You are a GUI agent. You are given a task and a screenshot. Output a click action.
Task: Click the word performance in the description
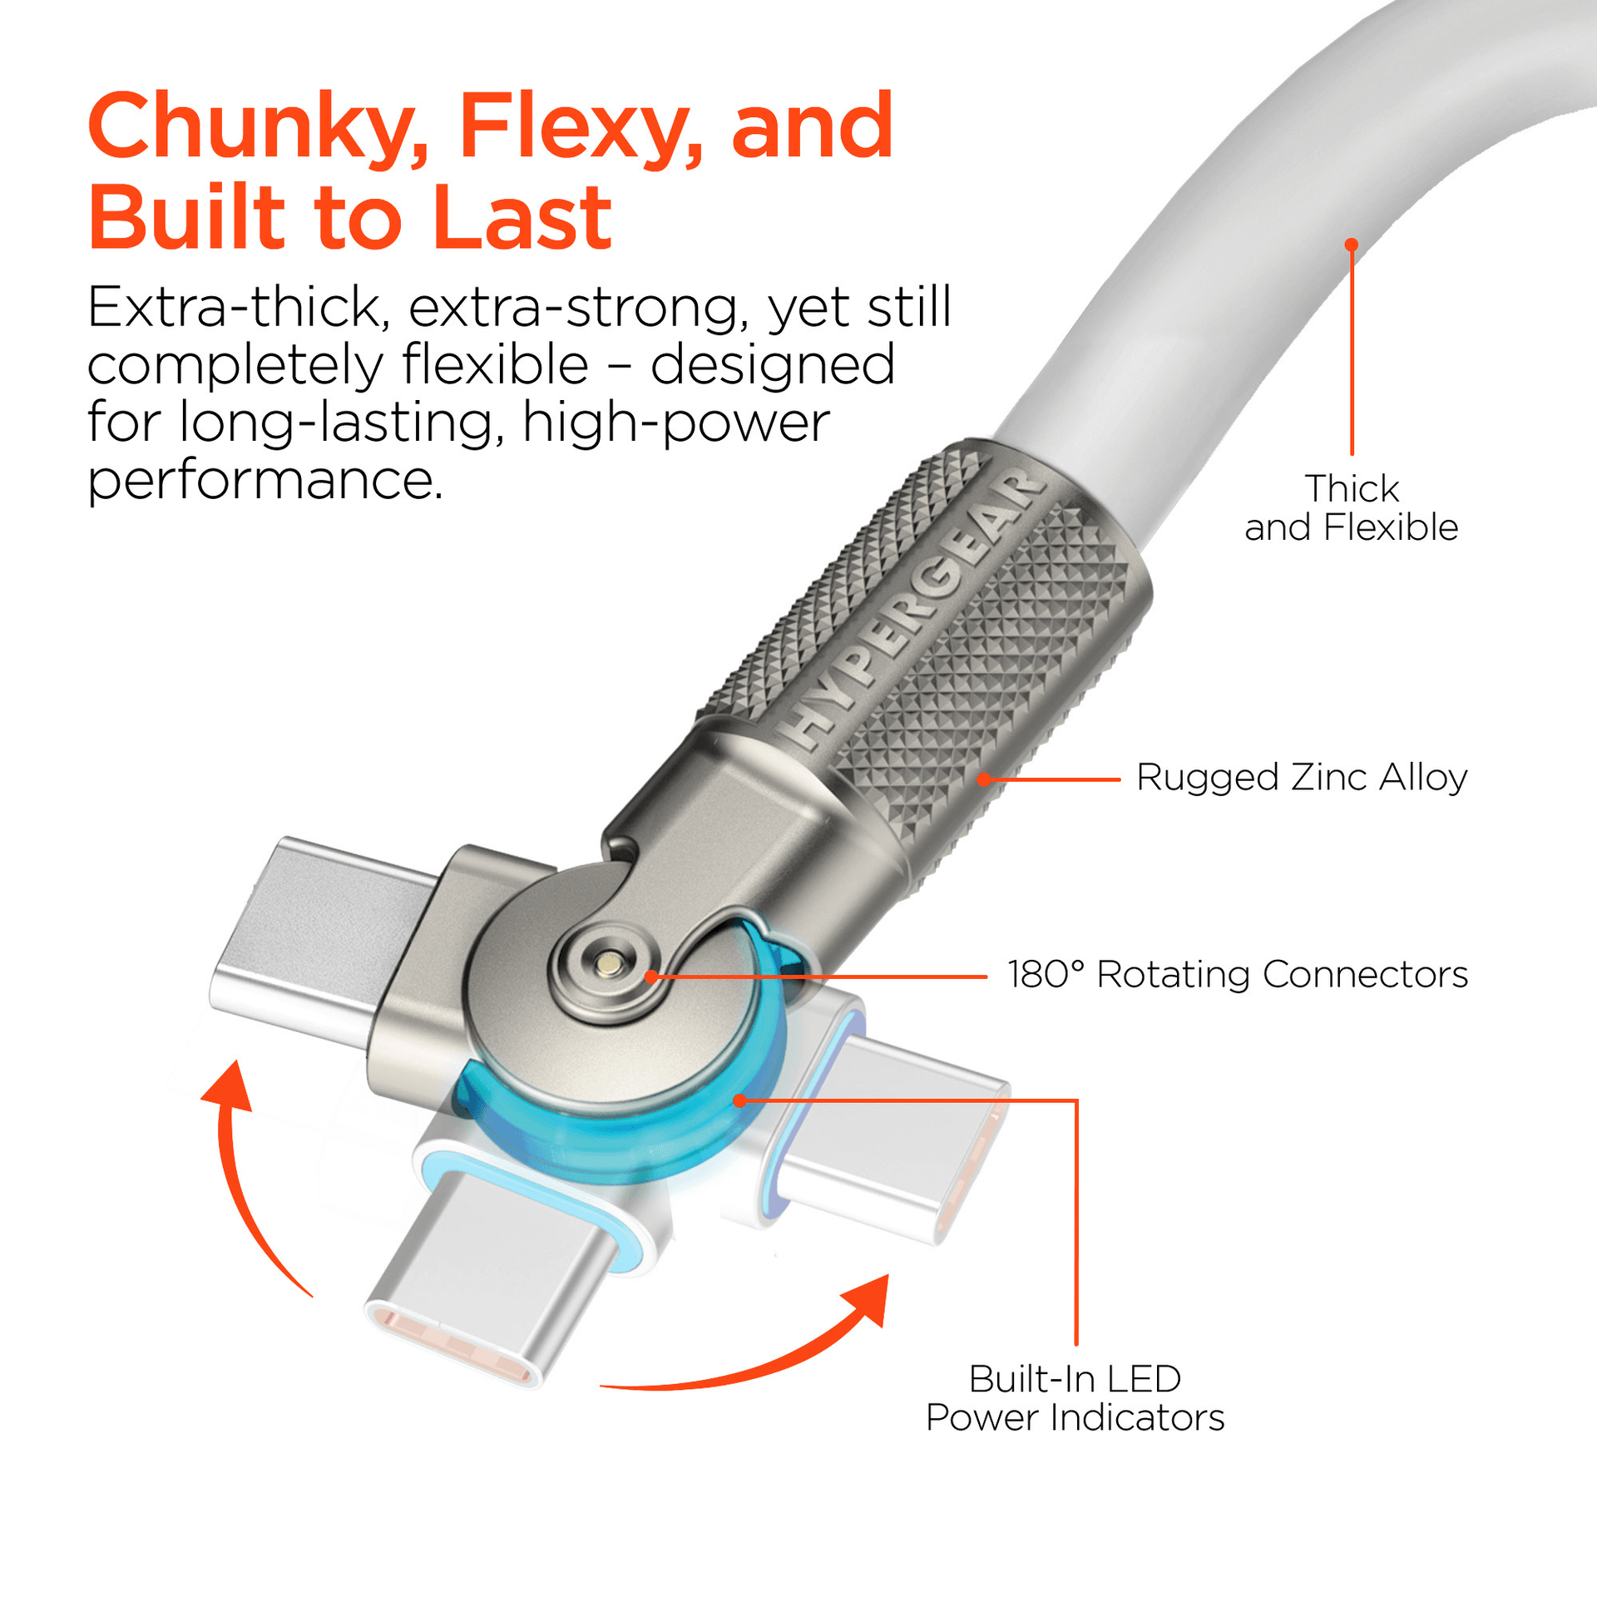click(265, 481)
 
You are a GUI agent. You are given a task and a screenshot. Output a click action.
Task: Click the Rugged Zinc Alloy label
click(1302, 778)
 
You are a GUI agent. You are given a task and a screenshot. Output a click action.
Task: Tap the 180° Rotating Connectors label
click(1238, 975)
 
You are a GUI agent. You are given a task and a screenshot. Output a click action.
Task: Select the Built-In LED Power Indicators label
click(1075, 1398)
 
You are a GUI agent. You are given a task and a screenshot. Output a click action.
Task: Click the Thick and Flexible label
click(1352, 507)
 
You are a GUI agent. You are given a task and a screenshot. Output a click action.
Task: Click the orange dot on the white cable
click(1352, 245)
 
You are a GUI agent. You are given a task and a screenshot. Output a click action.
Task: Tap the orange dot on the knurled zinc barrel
click(984, 779)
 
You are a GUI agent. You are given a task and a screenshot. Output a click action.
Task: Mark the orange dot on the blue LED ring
click(739, 1100)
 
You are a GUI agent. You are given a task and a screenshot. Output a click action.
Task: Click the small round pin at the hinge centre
click(611, 964)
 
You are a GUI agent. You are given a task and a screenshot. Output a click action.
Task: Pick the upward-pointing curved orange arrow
click(245, 1164)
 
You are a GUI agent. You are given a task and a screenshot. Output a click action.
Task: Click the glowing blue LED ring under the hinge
click(616, 1140)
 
